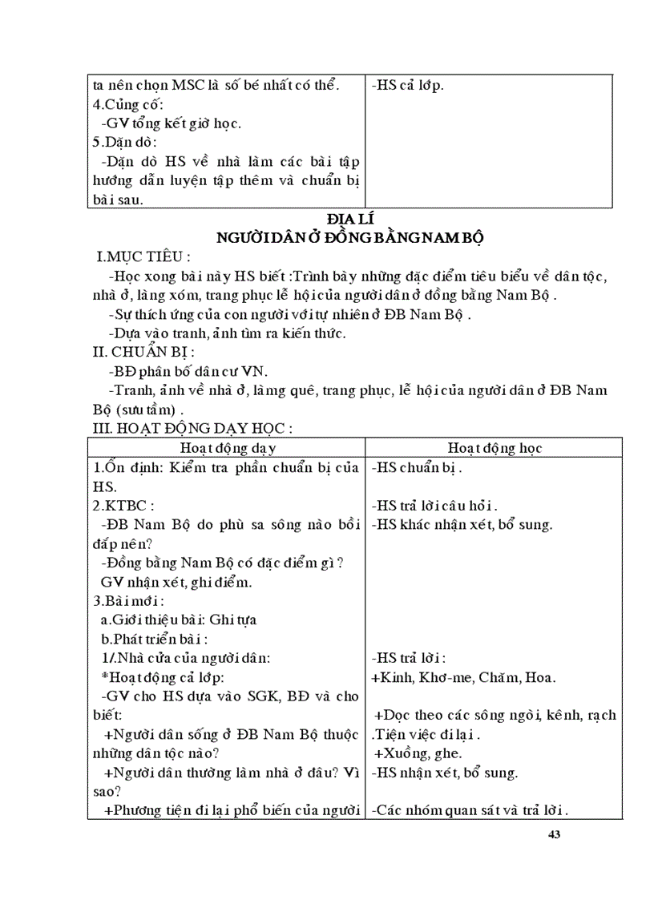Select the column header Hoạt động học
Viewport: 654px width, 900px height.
495,447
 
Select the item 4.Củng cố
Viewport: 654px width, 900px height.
128,104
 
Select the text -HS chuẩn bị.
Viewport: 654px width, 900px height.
417,467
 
